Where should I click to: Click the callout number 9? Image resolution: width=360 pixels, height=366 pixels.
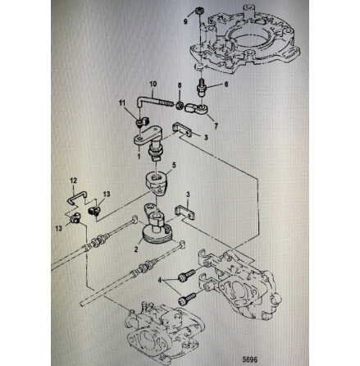pyautogui.click(x=185, y=21)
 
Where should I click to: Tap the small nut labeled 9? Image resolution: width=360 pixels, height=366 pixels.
pyautogui.click(x=198, y=11)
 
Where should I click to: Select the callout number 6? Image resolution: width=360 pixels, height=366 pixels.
pyautogui.click(x=226, y=85)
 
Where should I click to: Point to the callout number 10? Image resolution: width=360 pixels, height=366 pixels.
pyautogui.click(x=153, y=84)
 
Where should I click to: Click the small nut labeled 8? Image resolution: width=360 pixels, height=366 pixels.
pyautogui.click(x=180, y=105)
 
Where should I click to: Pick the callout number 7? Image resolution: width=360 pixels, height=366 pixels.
pyautogui.click(x=216, y=126)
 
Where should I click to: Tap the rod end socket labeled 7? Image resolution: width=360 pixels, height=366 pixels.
pyautogui.click(x=197, y=109)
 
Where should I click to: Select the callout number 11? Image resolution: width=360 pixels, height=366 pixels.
pyautogui.click(x=122, y=103)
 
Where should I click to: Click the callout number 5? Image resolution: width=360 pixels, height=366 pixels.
pyautogui.click(x=174, y=165)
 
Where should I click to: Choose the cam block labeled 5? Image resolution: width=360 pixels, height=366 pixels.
pyautogui.click(x=156, y=184)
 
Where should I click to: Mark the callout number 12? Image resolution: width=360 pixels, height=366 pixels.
pyautogui.click(x=73, y=181)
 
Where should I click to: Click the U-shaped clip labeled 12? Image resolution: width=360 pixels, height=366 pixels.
pyautogui.click(x=77, y=196)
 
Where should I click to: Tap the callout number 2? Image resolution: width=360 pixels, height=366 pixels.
pyautogui.click(x=136, y=249)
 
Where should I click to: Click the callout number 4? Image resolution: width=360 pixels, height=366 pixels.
pyautogui.click(x=160, y=280)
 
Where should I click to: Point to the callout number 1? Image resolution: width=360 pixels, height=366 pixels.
pyautogui.click(x=139, y=156)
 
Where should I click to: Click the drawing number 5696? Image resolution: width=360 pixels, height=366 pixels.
pyautogui.click(x=250, y=359)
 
